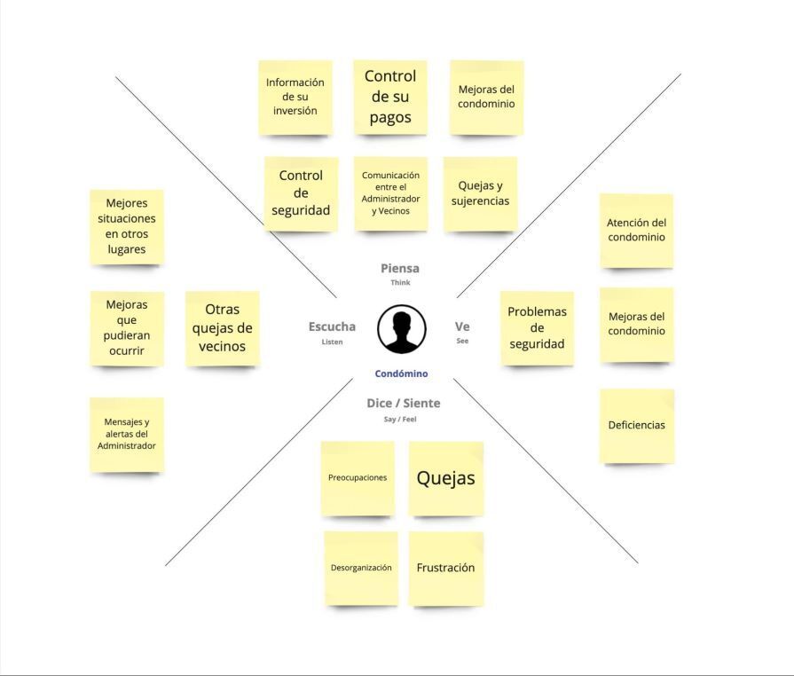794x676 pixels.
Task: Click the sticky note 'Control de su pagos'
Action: coord(390,98)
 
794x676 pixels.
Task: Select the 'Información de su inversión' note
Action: coord(295,98)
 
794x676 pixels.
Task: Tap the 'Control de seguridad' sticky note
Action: coord(301,193)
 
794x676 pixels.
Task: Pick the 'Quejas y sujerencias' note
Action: coord(480,194)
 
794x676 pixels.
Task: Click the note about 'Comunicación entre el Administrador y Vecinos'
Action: coord(390,193)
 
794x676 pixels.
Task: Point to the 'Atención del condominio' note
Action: coord(636,231)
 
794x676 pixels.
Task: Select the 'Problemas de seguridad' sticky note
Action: coord(537,328)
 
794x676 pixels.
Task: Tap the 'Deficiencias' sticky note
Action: coord(636,426)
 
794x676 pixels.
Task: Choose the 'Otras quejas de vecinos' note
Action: coord(223,328)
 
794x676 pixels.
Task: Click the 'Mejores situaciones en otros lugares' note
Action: coord(127,227)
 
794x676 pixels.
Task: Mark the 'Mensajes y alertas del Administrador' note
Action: coord(127,435)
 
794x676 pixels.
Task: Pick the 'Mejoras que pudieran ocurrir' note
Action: coord(127,328)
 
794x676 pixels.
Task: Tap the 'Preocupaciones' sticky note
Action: coord(358,478)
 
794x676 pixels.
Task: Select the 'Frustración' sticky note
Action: coord(445,568)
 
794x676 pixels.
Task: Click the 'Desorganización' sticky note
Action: coord(361,568)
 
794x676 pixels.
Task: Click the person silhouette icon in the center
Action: coord(402,329)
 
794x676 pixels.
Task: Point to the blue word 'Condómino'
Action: coord(402,373)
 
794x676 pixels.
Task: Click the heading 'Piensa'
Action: coord(400,269)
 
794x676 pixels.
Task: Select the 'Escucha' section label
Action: coord(332,326)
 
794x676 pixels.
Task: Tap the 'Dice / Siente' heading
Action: coord(404,403)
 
